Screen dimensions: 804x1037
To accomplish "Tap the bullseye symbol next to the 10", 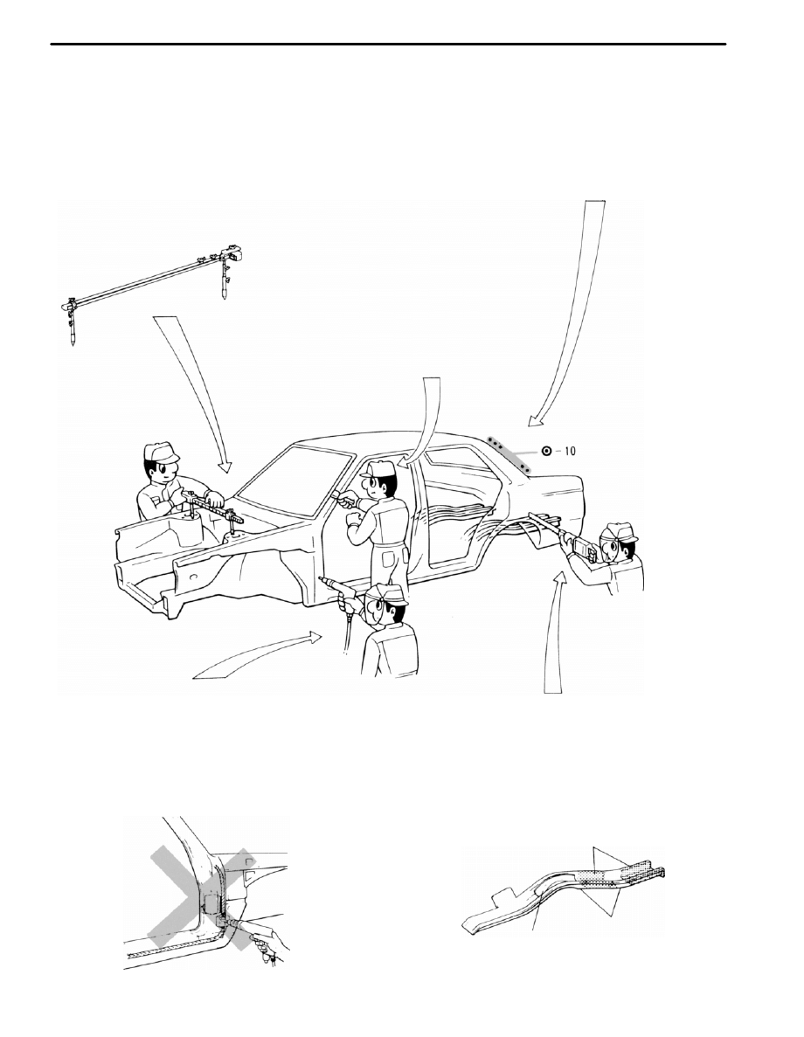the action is [x=546, y=452].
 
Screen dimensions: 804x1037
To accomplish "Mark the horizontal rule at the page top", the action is [x=388, y=45].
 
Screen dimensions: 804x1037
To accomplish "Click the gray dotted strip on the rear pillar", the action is [x=509, y=453].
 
